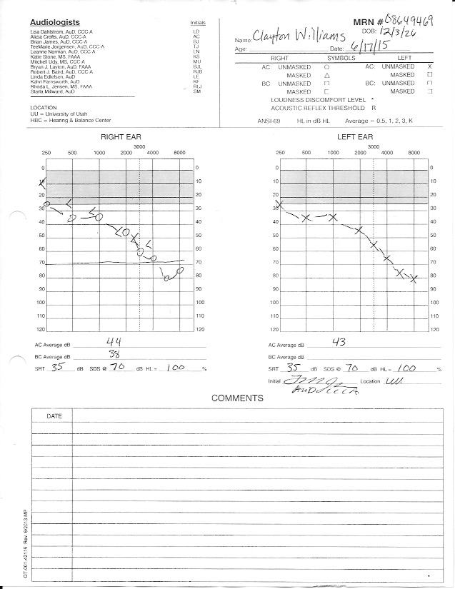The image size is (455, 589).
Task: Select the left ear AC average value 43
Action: click(x=339, y=342)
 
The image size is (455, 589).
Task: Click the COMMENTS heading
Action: click(x=236, y=398)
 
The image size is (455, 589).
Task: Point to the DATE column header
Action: click(x=54, y=416)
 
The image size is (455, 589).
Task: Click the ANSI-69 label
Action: click(x=269, y=121)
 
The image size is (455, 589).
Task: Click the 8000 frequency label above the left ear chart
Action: click(x=414, y=153)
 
